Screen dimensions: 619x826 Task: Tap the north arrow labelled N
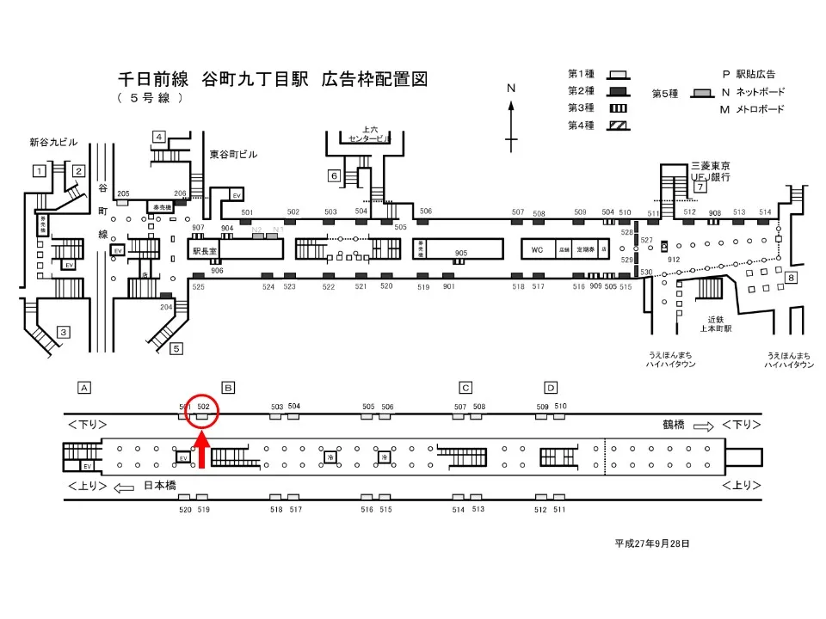point(511,116)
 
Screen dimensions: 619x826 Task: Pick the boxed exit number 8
point(791,277)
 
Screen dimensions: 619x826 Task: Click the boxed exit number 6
point(334,176)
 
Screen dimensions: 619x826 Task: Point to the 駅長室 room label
point(205,251)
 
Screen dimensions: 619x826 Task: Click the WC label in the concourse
point(537,250)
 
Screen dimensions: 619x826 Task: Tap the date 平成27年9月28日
point(651,543)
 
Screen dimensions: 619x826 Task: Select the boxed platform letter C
point(465,387)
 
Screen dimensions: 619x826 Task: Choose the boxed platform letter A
point(84,387)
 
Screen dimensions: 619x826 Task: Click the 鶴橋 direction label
point(674,425)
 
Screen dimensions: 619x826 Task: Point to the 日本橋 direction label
point(159,486)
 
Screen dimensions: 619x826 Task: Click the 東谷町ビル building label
point(233,155)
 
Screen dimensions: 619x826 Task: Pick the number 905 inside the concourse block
point(461,253)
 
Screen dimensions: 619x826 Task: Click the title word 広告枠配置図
point(374,80)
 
